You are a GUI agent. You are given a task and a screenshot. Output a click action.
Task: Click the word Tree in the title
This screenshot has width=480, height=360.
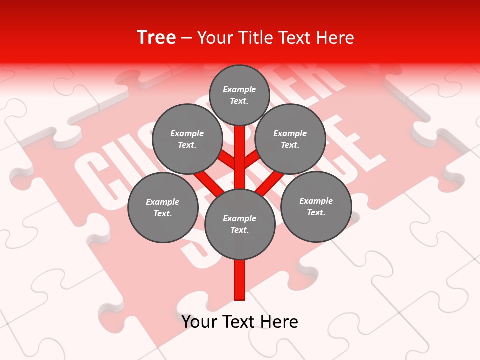pos(156,38)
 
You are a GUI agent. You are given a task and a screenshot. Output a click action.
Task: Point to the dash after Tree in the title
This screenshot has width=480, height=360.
pos(186,38)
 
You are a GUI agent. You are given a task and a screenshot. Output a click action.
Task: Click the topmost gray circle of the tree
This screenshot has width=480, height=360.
pos(239,95)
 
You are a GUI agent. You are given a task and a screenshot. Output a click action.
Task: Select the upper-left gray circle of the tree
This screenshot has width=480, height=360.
pos(187,139)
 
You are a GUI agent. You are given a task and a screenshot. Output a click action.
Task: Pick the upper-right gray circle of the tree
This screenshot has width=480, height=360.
pos(290,139)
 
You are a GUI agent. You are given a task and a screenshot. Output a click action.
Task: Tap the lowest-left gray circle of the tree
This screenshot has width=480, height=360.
pos(163,207)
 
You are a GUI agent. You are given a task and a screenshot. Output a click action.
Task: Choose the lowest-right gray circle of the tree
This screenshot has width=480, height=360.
pos(316,206)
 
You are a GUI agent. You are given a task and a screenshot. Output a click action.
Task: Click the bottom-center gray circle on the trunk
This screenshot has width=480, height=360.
pos(240,224)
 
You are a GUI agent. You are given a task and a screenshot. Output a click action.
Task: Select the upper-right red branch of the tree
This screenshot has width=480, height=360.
pos(252,159)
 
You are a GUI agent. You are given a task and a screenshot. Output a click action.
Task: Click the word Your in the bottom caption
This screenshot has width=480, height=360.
pos(200,322)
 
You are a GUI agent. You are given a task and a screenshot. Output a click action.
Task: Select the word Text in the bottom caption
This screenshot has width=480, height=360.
pos(240,322)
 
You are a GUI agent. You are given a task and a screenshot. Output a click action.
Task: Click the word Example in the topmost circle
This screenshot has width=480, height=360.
pos(239,89)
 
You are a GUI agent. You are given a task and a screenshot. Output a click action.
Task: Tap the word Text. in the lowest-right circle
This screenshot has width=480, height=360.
pos(316,212)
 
